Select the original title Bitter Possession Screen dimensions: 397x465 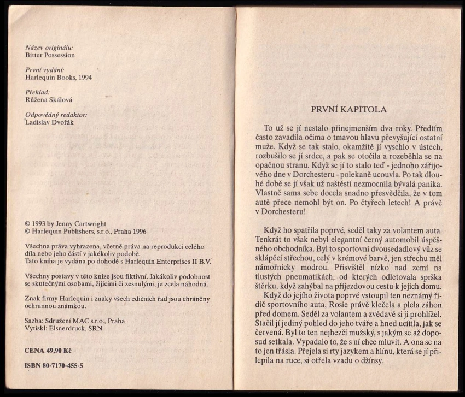(50, 55)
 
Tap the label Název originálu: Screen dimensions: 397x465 (49, 48)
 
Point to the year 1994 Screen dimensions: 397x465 (84, 78)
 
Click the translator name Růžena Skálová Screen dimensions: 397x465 (49, 100)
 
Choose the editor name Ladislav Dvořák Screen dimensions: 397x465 (50, 122)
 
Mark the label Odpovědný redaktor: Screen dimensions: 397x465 (56, 115)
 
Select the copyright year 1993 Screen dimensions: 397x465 (42, 224)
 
